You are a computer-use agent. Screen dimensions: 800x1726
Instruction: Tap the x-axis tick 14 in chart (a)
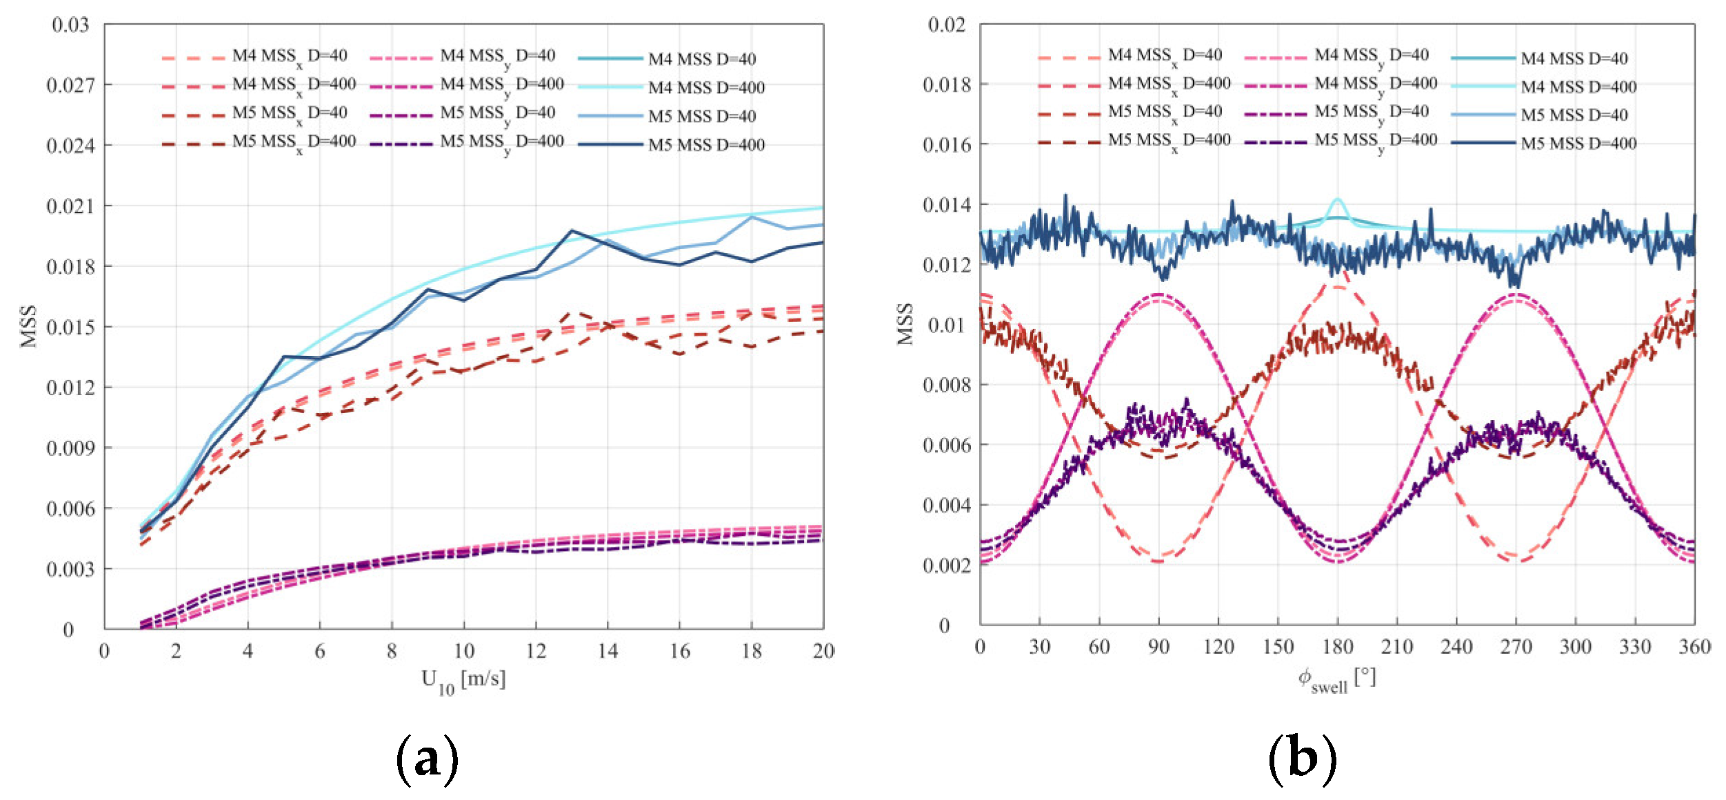tap(608, 651)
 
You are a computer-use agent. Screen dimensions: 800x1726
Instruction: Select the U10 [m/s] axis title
tap(463, 681)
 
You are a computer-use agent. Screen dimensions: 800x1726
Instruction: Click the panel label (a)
tap(427, 759)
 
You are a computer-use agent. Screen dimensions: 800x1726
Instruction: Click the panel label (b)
tap(1302, 759)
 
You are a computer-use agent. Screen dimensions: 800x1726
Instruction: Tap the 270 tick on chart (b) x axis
tap(1516, 647)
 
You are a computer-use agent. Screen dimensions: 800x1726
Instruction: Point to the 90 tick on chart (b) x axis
tap(1158, 647)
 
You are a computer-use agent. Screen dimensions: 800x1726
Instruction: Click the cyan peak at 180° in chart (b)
tap(1338, 200)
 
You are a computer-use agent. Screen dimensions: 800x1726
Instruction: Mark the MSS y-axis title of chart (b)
tap(905, 324)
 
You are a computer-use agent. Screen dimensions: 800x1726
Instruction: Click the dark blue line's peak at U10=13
tap(572, 231)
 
